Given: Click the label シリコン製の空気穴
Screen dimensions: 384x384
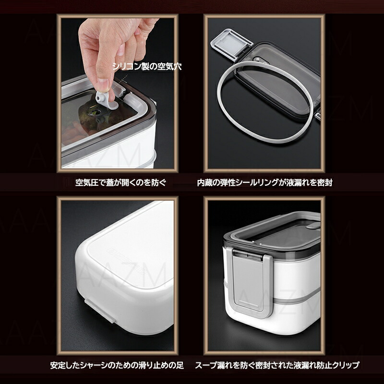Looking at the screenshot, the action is [x=147, y=66].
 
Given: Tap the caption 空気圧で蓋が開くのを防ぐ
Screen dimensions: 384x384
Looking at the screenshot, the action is [x=121, y=183].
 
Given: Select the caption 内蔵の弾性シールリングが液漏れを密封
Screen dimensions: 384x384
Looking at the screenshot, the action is [x=265, y=183].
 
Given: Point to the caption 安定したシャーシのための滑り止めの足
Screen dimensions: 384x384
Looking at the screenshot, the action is [x=117, y=365].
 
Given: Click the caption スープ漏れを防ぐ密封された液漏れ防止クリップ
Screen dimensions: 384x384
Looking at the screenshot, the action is [x=277, y=365].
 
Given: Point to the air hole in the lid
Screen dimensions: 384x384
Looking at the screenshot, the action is [x=94, y=113].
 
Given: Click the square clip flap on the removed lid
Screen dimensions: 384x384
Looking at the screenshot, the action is [x=231, y=45].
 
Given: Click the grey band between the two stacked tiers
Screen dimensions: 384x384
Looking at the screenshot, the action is [x=296, y=296].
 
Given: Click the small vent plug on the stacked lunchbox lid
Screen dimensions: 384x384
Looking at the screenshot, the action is [x=313, y=226].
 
